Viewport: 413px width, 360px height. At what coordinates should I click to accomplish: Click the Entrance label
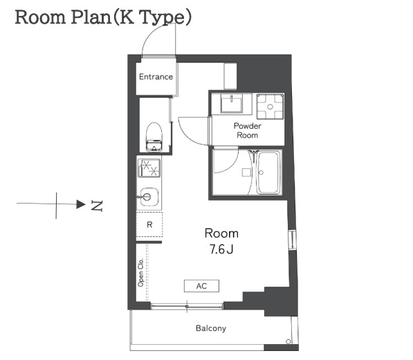[156, 77]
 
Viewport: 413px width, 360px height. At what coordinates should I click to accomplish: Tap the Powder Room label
[248, 130]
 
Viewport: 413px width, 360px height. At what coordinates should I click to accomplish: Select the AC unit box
[201, 286]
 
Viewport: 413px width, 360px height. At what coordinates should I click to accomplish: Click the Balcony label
[211, 328]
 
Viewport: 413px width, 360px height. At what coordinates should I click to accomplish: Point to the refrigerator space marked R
[149, 224]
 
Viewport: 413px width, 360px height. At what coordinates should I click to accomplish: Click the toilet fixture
[154, 137]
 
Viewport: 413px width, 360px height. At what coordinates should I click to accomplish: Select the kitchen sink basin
[149, 197]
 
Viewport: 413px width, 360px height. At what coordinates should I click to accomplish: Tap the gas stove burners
[149, 168]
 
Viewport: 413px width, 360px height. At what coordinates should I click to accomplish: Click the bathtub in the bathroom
[268, 172]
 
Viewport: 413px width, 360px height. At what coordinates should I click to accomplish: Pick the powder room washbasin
[232, 105]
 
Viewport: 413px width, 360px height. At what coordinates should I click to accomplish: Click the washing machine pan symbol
[270, 107]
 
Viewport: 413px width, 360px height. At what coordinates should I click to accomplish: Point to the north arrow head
[81, 204]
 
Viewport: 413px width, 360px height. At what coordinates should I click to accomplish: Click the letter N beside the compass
[97, 206]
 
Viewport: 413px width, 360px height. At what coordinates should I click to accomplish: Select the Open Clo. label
[140, 273]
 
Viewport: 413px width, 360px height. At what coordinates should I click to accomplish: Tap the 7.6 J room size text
[221, 249]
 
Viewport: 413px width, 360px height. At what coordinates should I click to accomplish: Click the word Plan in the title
[91, 17]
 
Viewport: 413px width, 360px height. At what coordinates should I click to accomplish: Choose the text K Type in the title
[152, 17]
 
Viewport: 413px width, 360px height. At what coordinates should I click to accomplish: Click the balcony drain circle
[288, 341]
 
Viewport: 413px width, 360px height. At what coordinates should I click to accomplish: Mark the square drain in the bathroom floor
[246, 172]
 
